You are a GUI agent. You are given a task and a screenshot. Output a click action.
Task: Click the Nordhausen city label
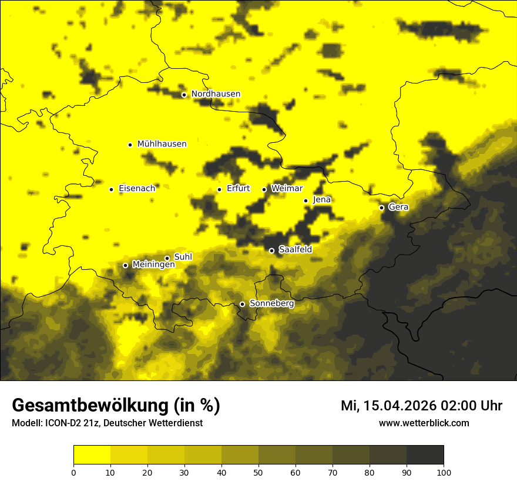216,94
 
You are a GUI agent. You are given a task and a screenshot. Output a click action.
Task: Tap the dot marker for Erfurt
219,189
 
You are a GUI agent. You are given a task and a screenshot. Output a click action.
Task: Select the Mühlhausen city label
162,144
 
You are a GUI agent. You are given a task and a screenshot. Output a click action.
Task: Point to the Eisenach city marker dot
111,189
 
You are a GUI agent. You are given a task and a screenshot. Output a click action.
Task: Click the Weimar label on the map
287,189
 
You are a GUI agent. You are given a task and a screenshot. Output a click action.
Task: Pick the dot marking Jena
305,200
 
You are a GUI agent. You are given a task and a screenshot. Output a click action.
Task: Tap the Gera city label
398,207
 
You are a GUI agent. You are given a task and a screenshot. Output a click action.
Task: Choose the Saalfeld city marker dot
271,250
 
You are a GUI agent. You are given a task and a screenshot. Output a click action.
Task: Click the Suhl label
183,257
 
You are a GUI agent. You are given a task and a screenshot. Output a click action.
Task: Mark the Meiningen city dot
125,265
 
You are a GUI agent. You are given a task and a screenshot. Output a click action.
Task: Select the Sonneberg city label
271,304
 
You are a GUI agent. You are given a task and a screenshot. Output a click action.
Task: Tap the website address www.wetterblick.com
424,423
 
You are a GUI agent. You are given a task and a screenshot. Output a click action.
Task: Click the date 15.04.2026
395,406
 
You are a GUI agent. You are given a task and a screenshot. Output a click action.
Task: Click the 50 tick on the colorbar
258,472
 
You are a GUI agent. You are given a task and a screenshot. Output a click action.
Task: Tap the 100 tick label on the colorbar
443,472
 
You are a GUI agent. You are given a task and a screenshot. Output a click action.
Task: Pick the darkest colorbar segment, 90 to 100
425,455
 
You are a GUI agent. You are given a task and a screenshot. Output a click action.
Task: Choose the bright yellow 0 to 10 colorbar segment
92,455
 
